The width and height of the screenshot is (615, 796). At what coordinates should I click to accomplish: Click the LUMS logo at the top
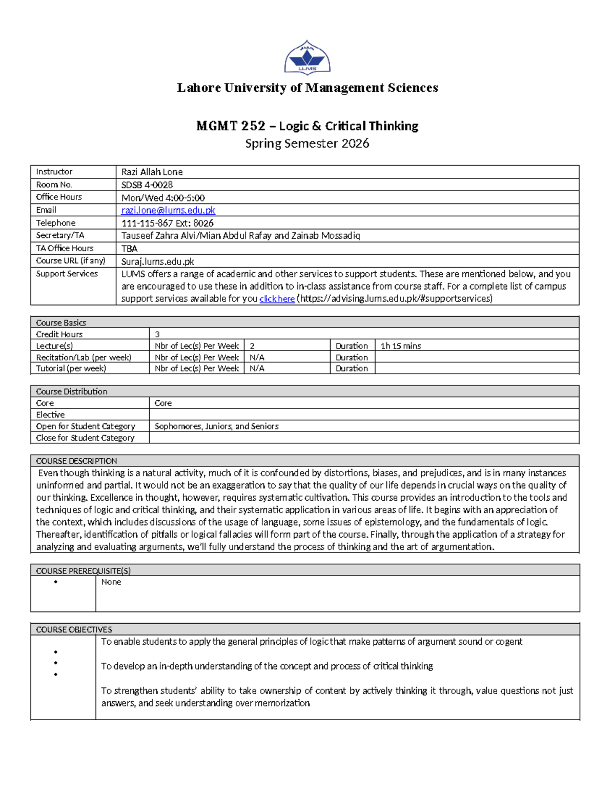coord(307,58)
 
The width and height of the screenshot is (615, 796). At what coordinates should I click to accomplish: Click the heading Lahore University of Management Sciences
coord(307,88)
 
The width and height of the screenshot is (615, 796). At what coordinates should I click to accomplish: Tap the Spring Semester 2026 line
coord(307,144)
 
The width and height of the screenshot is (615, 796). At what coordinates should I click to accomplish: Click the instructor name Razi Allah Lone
coord(152,172)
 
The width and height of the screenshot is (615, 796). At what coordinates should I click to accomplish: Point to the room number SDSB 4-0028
coord(147,185)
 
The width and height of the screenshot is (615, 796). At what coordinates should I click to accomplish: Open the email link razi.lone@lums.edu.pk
coord(168,211)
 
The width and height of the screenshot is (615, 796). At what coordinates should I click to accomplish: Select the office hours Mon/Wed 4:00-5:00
coord(163,198)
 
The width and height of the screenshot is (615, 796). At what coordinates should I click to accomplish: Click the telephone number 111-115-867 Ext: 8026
coord(167,223)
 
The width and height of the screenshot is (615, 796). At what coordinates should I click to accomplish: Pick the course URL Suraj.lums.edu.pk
coord(157,261)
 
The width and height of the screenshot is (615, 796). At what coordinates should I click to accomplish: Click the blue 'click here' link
coord(277,299)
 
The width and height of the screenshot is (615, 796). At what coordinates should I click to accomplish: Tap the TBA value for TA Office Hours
coord(129,249)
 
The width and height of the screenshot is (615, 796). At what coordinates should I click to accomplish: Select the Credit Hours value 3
coord(157,334)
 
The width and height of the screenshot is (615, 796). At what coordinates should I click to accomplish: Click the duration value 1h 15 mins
coord(401,346)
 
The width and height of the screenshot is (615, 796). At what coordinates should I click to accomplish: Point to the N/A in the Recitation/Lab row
coord(257,358)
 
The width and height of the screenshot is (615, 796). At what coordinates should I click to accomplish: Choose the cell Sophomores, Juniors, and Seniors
coord(216,426)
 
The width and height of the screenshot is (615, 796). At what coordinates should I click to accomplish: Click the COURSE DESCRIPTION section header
coord(76,461)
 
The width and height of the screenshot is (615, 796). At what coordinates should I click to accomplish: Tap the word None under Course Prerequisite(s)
coord(111,582)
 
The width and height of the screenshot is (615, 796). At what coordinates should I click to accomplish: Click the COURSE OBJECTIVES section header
coord(74,629)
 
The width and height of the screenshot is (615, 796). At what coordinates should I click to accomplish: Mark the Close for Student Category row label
coord(85,438)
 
